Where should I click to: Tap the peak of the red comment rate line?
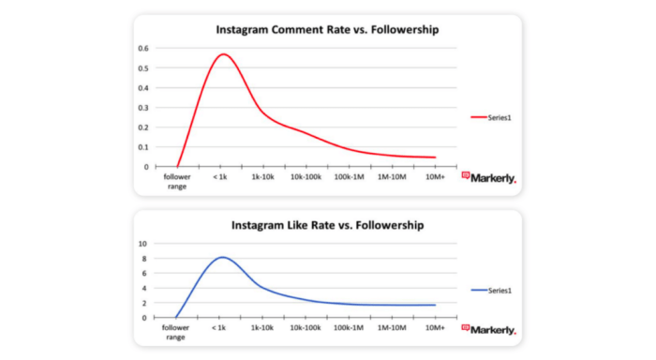click(222, 54)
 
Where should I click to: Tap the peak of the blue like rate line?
click(222, 257)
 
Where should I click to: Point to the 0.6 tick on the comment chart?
click(143, 49)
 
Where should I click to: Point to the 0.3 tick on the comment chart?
click(143, 108)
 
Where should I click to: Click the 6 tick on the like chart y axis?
click(143, 273)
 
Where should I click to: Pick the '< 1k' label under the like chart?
click(219, 328)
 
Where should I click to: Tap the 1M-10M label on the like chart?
click(393, 328)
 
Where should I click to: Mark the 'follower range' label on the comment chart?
click(176, 181)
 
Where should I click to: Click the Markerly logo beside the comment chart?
click(488, 176)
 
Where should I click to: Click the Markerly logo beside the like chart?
click(488, 328)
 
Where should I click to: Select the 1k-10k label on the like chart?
click(262, 328)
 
